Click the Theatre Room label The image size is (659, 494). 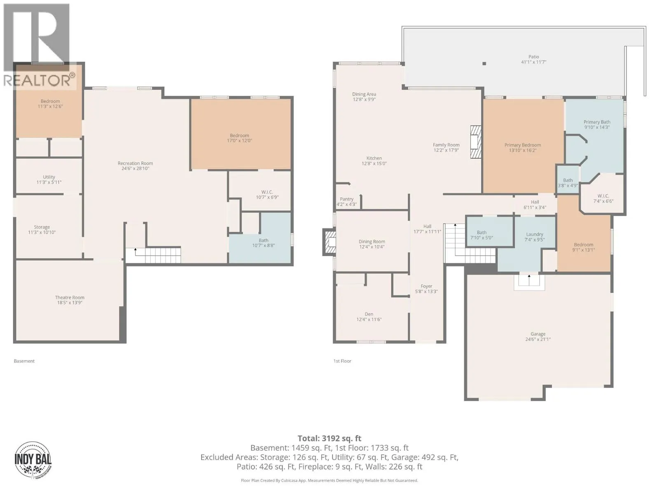point(70,297)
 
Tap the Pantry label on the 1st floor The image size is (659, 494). point(346,199)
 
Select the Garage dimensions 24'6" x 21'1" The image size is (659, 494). point(538,339)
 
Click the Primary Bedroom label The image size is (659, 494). point(523,145)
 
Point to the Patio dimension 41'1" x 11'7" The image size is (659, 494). point(533,62)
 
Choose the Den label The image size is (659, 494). point(369,314)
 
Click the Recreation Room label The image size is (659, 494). point(136,163)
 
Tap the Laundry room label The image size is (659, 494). point(535,234)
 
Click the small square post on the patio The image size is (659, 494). point(484,63)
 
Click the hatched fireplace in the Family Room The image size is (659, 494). point(476,142)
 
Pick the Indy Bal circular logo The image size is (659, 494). point(33,460)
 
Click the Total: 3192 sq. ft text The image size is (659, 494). point(329,438)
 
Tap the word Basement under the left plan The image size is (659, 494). point(24,361)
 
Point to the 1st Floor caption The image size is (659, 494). point(342,361)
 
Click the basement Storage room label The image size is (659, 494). point(42,227)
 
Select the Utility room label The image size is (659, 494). point(49,177)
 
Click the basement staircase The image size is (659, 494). point(153,256)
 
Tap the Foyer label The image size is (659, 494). point(426,286)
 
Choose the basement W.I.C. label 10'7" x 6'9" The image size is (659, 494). point(267,194)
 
